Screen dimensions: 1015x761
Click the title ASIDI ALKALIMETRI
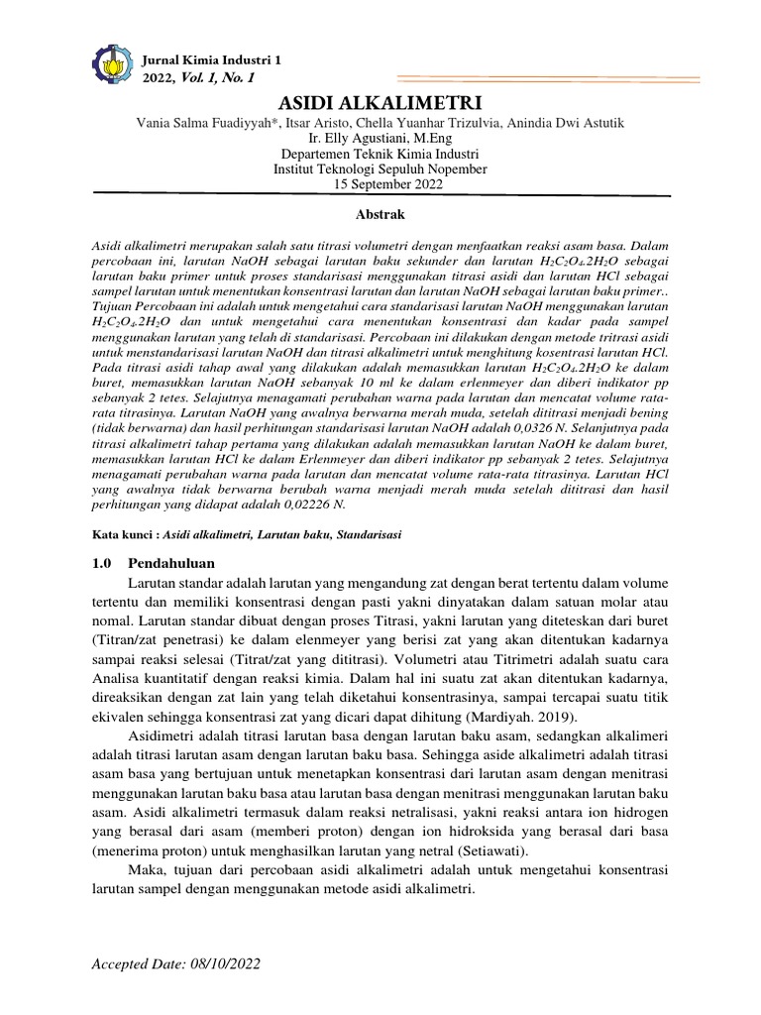(380, 104)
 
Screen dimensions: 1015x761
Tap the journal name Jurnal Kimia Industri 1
(213, 60)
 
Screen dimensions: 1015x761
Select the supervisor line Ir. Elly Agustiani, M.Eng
(380, 140)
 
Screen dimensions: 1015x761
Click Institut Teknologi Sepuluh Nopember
(380, 169)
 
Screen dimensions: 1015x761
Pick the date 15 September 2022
(380, 184)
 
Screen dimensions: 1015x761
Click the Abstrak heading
(380, 214)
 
